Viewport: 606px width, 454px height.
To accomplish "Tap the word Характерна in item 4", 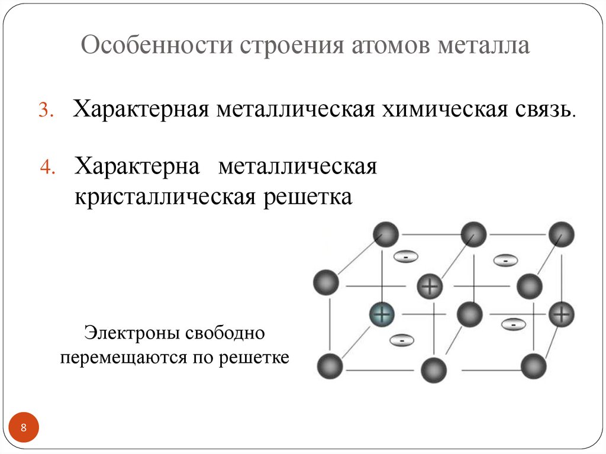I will pyautogui.click(x=137, y=166).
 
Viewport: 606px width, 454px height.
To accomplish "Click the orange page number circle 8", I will pyautogui.click(x=24, y=427).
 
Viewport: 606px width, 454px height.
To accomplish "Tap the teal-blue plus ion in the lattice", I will pyautogui.click(x=383, y=314).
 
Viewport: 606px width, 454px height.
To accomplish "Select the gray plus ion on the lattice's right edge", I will pyautogui.click(x=561, y=314).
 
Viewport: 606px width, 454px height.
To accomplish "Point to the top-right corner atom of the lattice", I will pyautogui.click(x=560, y=234).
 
